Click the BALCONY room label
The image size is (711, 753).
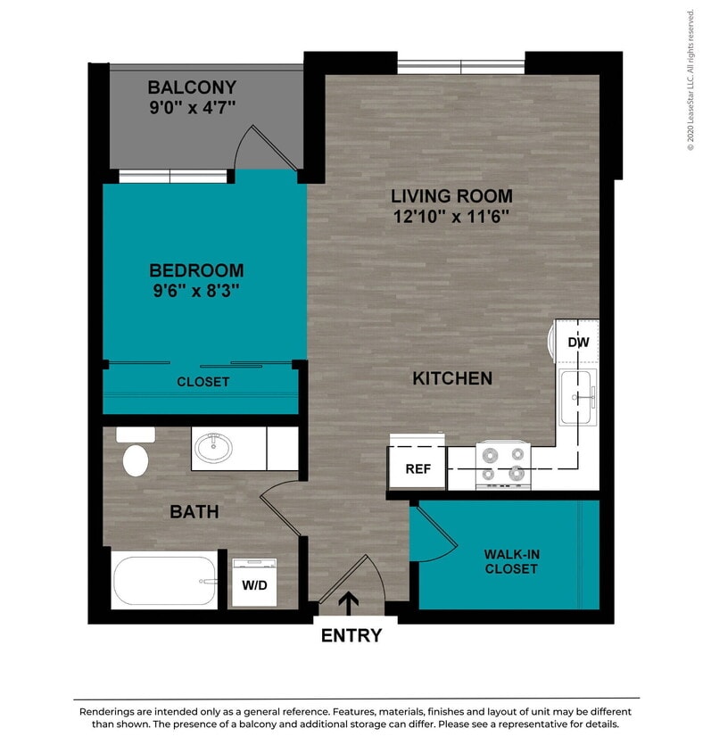(192, 87)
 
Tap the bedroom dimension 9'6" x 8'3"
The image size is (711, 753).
(196, 290)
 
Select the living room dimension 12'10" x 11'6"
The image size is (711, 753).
(451, 217)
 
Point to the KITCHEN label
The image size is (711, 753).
(451, 378)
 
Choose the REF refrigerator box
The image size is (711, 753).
(418, 468)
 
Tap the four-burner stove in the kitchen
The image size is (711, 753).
(502, 464)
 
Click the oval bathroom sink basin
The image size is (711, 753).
(214, 448)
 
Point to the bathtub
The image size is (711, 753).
(165, 581)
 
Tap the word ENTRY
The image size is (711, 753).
(351, 635)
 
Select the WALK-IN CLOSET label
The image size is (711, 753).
(511, 561)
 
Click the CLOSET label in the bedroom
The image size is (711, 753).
(203, 382)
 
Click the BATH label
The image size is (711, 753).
(194, 512)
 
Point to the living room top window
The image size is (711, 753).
(460, 66)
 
